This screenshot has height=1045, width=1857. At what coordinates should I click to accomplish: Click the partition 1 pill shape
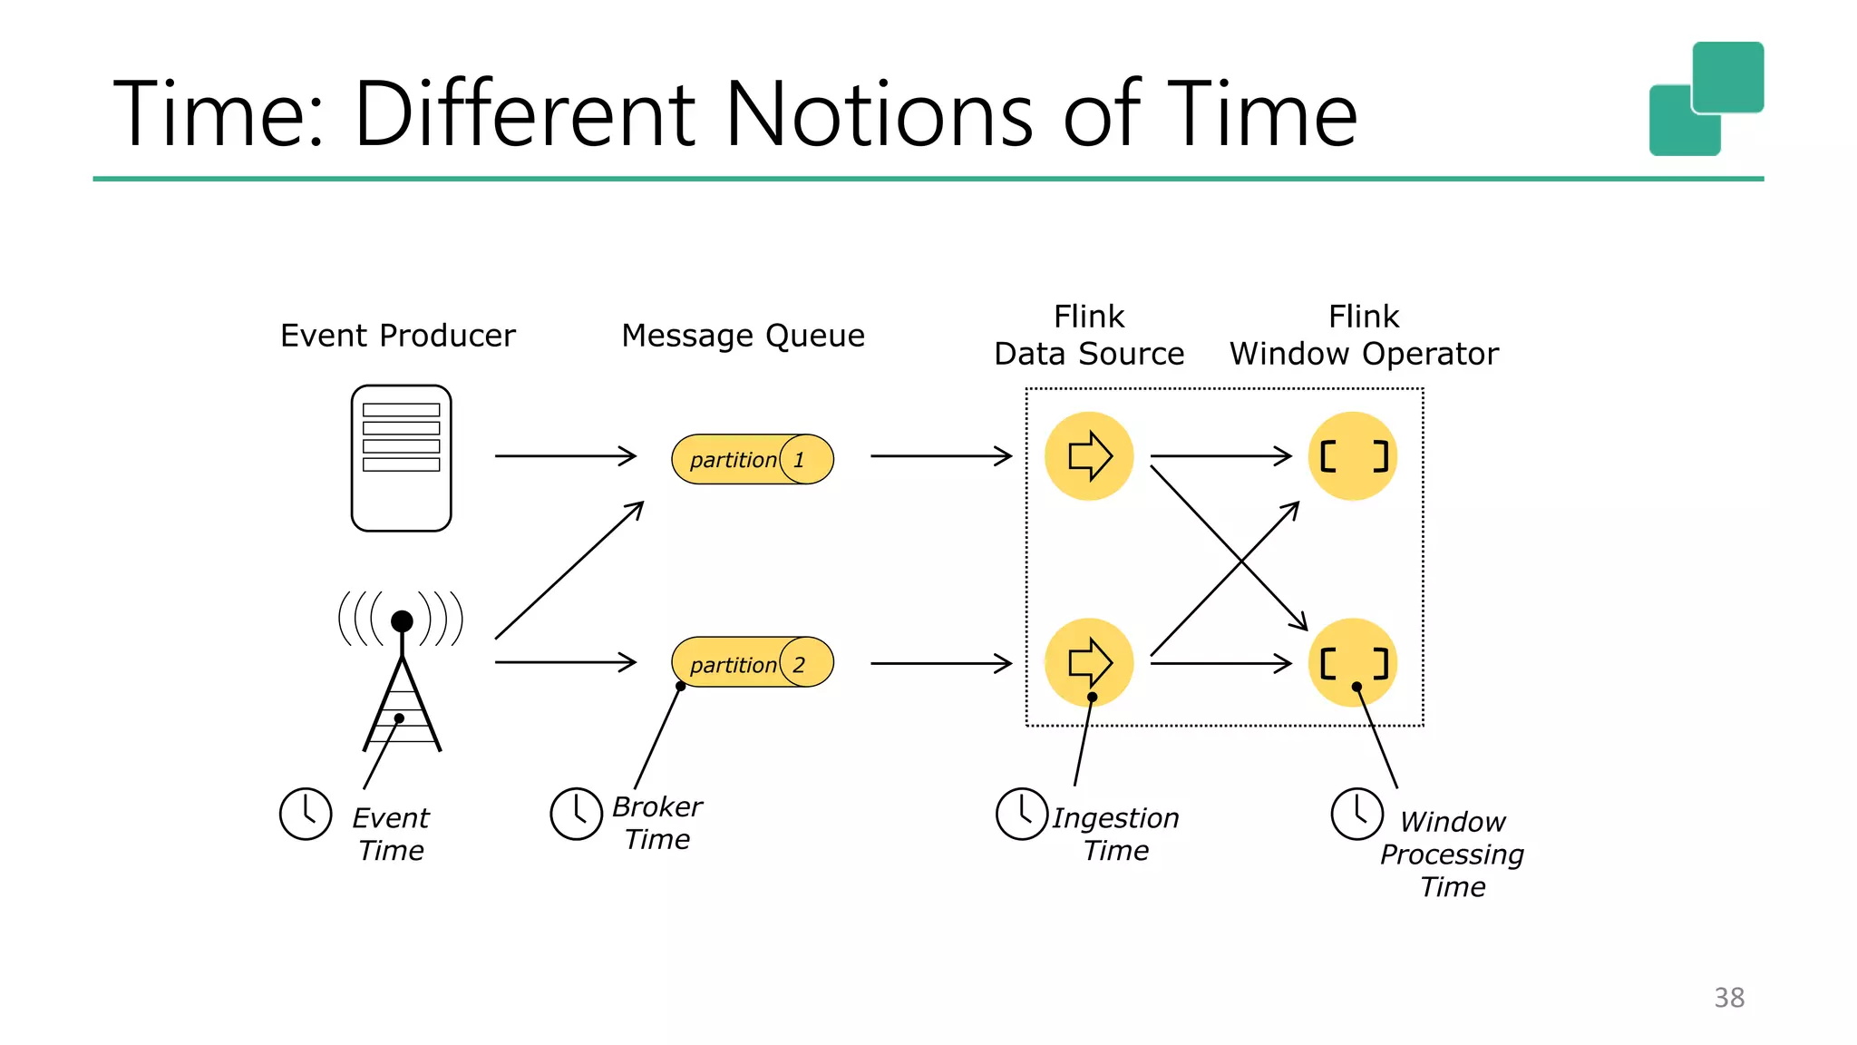(752, 459)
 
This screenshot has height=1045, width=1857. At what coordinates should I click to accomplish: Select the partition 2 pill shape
(752, 662)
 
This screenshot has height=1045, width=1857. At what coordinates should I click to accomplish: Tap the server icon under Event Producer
(401, 458)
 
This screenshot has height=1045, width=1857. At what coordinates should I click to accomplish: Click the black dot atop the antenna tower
(402, 621)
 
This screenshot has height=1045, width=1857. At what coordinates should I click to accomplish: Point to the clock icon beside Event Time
(306, 814)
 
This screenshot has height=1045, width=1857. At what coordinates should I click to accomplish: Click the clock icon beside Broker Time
(576, 814)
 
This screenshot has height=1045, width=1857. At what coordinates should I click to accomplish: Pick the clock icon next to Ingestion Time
(1022, 814)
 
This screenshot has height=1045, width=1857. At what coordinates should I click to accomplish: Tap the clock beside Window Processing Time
(1356, 814)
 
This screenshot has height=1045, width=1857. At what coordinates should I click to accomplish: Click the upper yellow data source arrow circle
(1088, 456)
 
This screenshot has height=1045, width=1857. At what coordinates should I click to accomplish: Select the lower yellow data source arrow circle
(1088, 663)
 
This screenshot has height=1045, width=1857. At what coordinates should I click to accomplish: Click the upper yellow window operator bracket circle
(1353, 456)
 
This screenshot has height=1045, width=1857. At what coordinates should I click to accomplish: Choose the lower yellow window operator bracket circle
(1353, 663)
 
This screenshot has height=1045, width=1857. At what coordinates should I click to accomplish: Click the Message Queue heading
(743, 336)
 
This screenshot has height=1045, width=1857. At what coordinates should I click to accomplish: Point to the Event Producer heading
(397, 336)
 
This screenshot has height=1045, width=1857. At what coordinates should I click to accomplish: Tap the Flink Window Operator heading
(1363, 336)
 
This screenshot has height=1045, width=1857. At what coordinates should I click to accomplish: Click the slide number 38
(1728, 998)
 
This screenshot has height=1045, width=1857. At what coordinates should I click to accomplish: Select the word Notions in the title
(878, 114)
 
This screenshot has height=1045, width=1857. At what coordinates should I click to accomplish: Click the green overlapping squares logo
(1706, 99)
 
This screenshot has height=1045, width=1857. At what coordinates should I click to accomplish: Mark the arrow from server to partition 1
(565, 455)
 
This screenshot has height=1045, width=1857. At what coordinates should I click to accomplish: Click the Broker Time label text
(657, 823)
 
